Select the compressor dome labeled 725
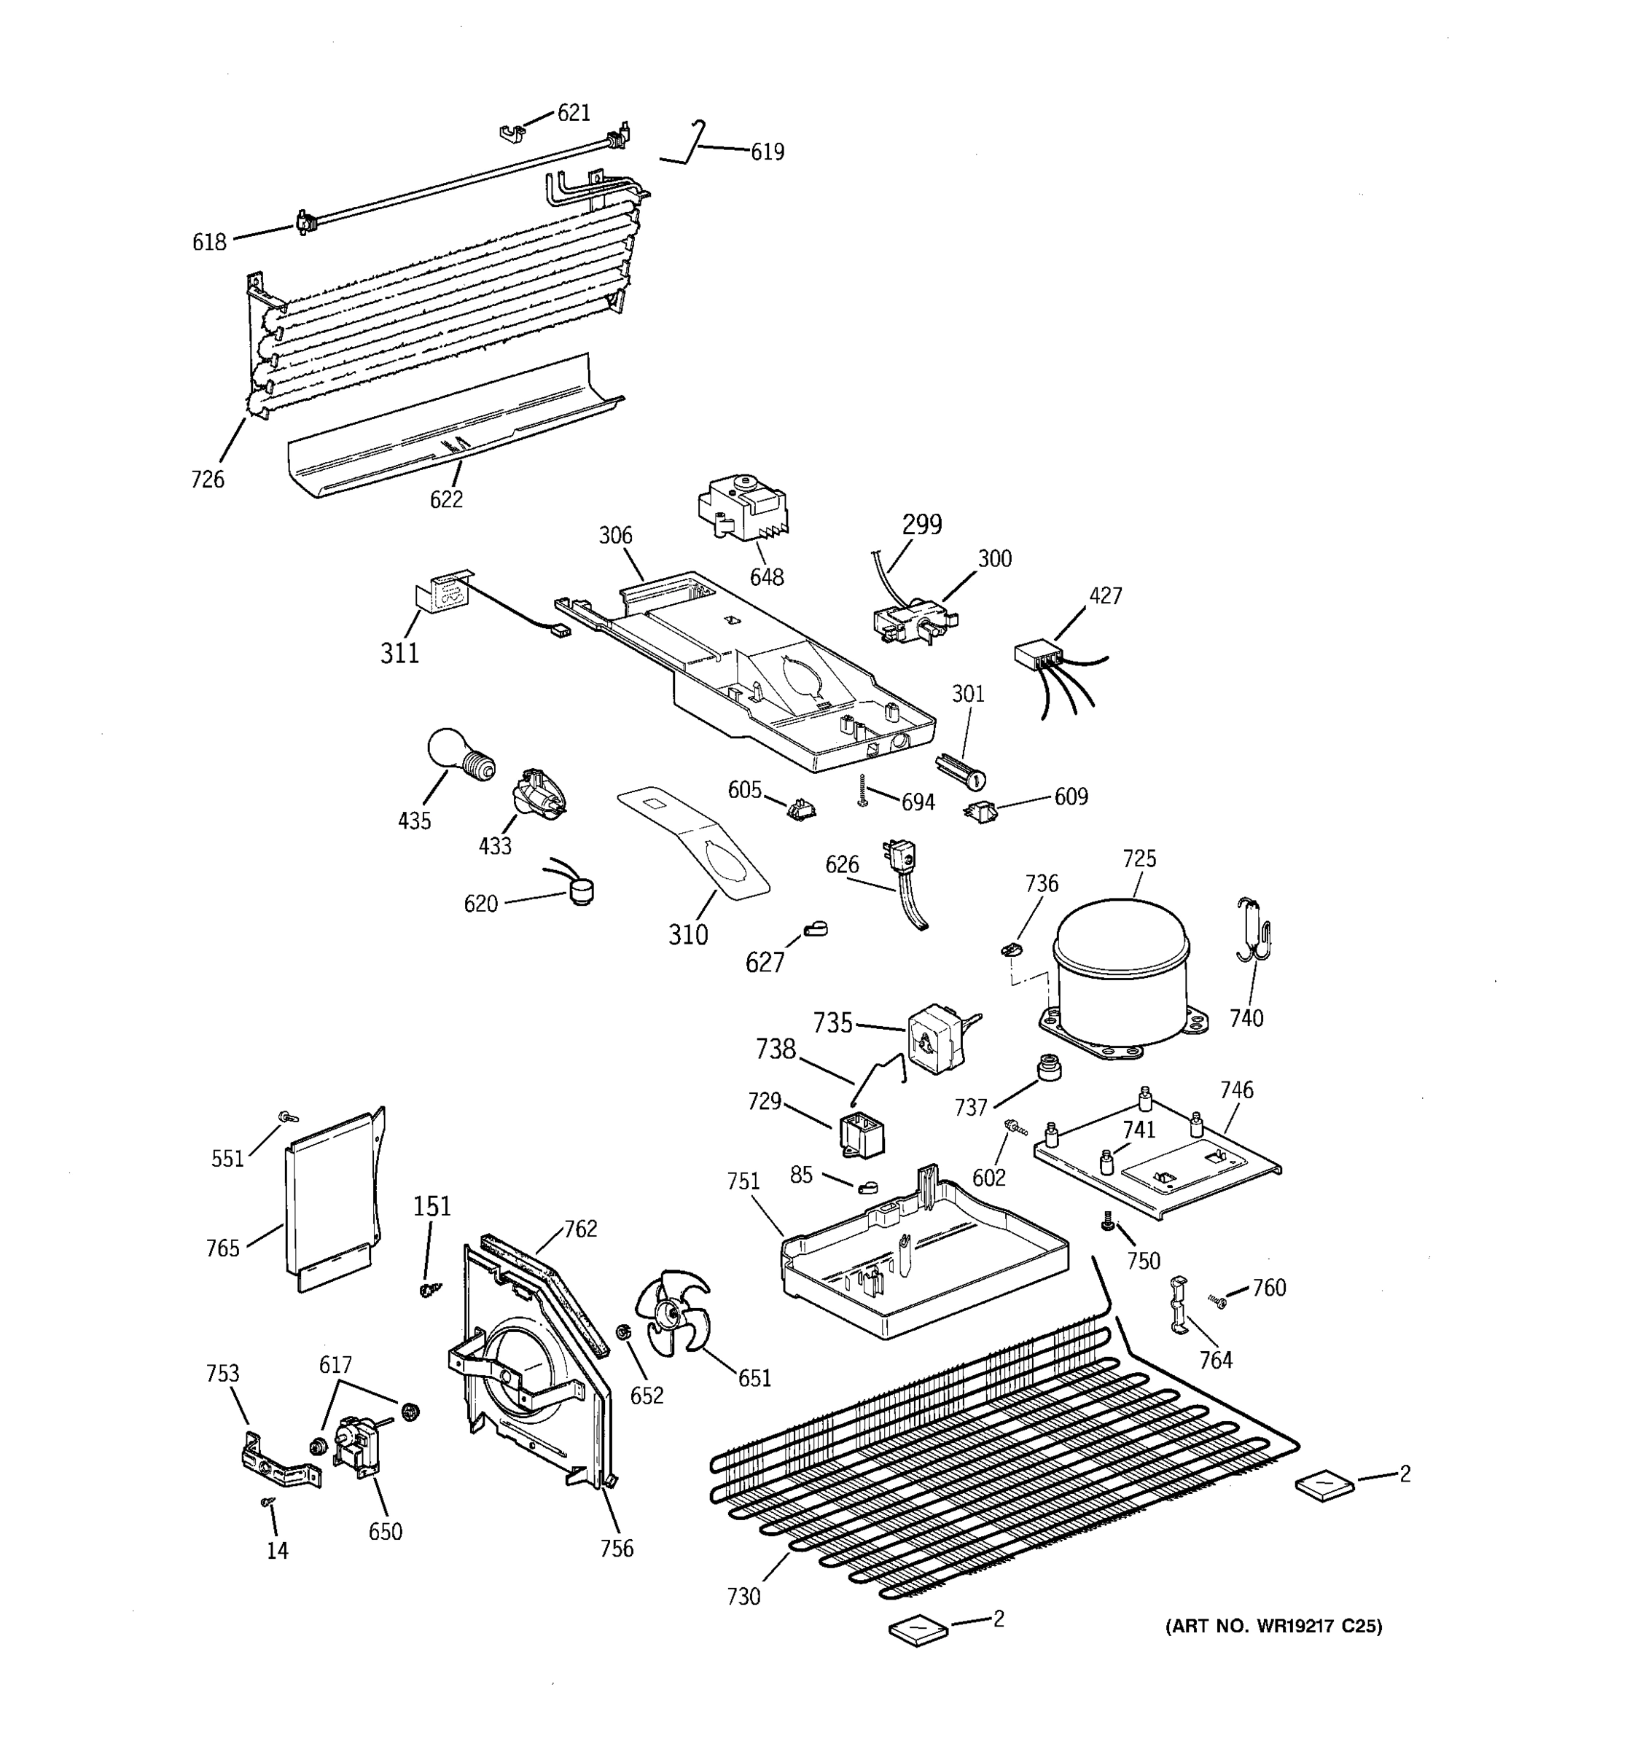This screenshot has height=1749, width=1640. pyautogui.click(x=1122, y=972)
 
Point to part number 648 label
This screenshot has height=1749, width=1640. pyautogui.click(x=766, y=577)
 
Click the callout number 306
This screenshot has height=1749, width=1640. pyautogui.click(x=616, y=535)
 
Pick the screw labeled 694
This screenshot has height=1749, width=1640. pyautogui.click(x=863, y=791)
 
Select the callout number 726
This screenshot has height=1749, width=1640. pyautogui.click(x=208, y=480)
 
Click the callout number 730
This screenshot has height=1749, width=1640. pyautogui.click(x=743, y=1596)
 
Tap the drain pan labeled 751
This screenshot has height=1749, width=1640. pyautogui.click(x=924, y=1258)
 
